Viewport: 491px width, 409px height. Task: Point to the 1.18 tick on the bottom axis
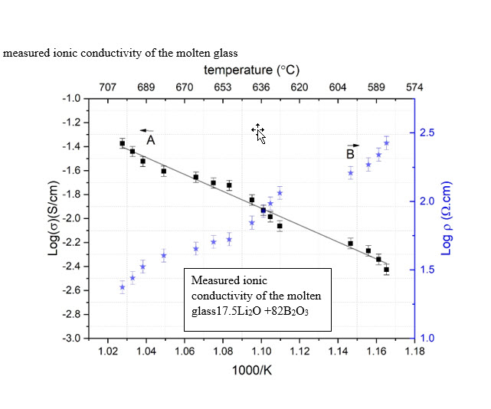(414, 352)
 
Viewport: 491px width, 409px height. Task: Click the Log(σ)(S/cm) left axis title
(54, 218)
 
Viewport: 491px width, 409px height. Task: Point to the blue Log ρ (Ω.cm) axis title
(447, 218)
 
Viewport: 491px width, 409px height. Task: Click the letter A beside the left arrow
(151, 141)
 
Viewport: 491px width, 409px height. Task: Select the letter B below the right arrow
(349, 155)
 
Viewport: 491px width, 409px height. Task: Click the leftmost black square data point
(123, 143)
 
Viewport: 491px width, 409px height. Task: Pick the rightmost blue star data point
(386, 143)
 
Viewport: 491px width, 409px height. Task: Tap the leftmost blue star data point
(123, 287)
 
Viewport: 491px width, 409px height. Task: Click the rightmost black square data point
(386, 270)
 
